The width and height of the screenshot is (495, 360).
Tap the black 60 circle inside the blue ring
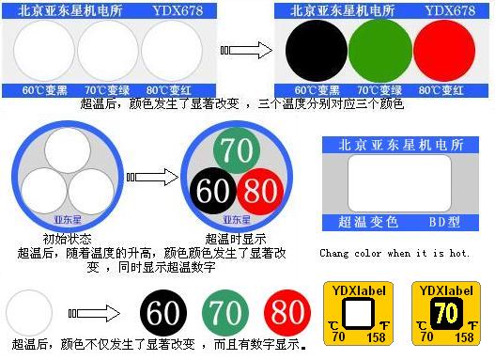[213, 191]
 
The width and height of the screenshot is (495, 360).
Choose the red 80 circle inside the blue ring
[260, 192]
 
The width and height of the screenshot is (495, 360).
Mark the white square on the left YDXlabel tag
[354, 309]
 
